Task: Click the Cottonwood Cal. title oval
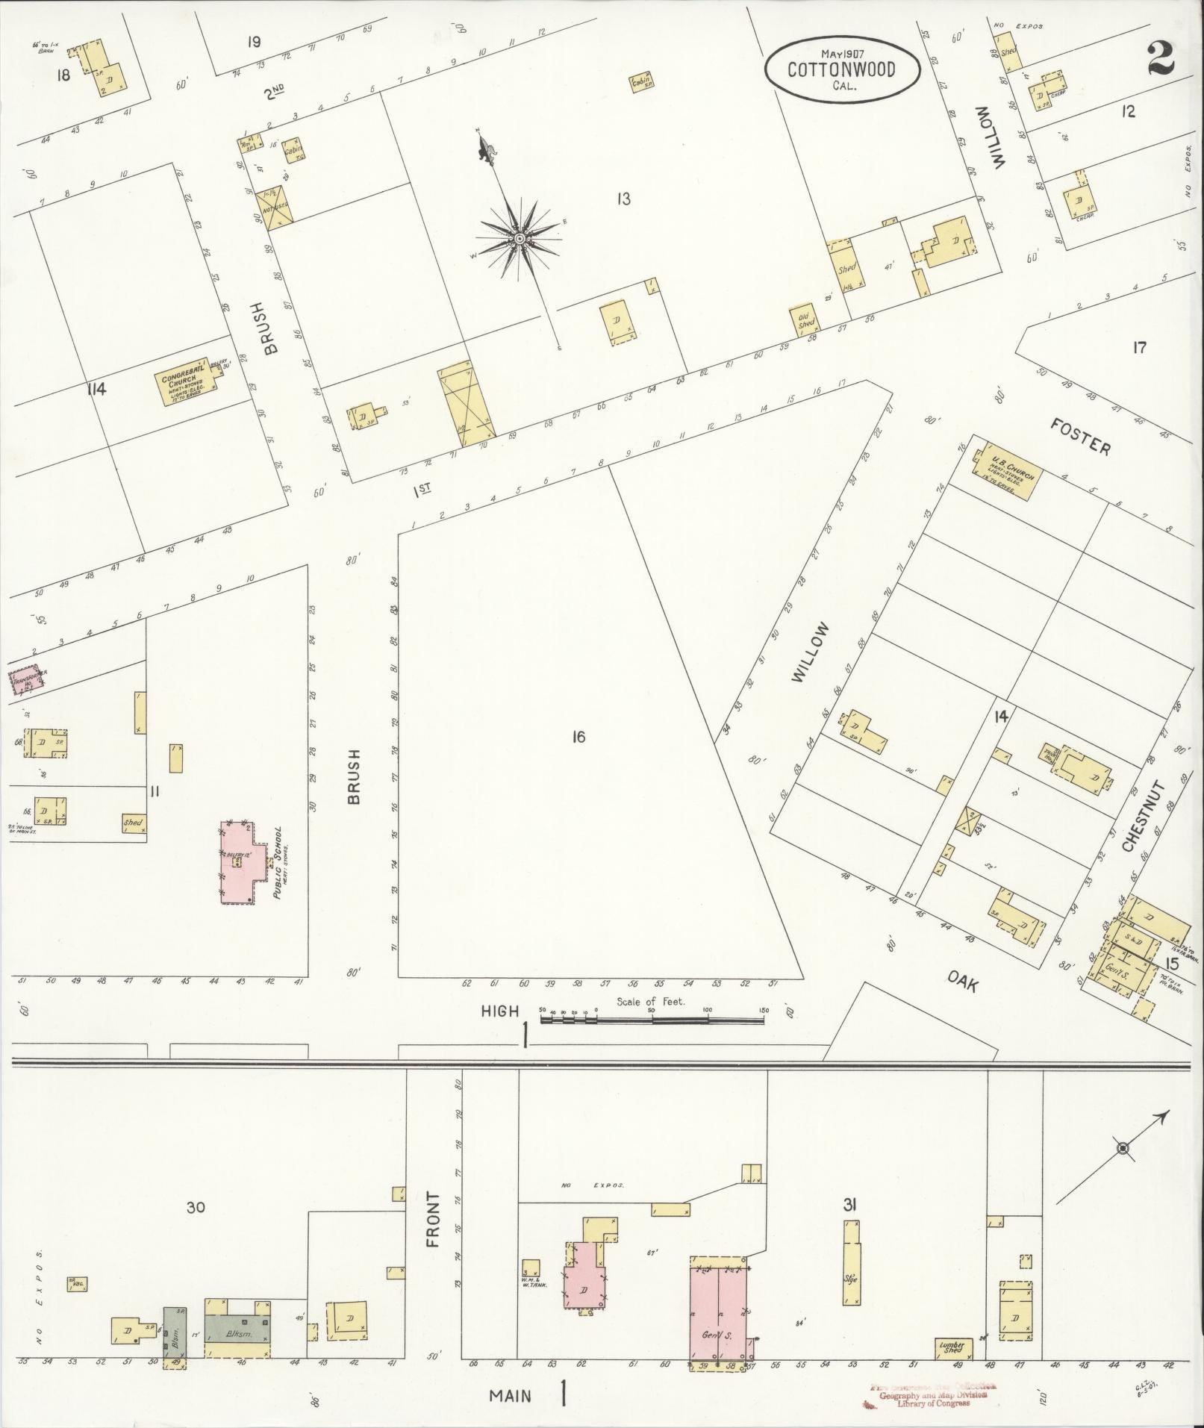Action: pos(842,69)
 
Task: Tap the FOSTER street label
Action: pos(1080,437)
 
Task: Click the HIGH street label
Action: pos(499,1011)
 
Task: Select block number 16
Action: pos(578,738)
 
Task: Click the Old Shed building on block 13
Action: pos(806,319)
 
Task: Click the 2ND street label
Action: pos(274,92)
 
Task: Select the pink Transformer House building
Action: pos(28,682)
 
